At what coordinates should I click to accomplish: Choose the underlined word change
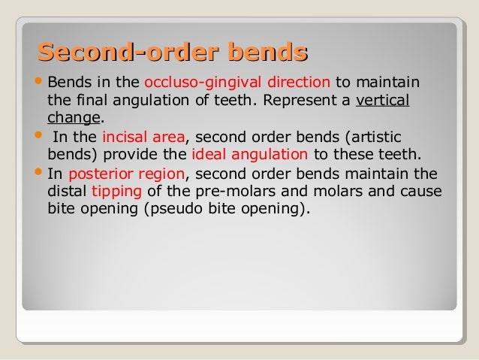click(x=74, y=119)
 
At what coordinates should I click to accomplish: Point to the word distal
click(x=67, y=192)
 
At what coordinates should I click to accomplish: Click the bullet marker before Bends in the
click(x=38, y=82)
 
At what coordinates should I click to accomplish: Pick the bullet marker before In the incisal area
click(x=38, y=138)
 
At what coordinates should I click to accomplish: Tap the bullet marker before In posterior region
click(x=38, y=174)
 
